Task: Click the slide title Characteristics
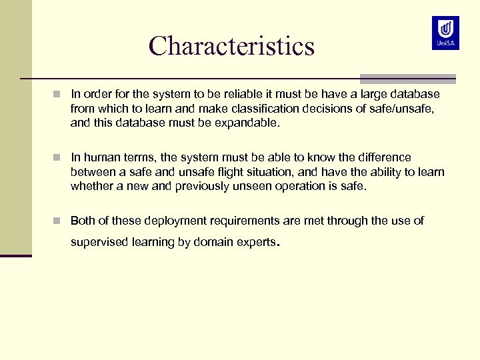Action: (231, 46)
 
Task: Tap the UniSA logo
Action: (445, 33)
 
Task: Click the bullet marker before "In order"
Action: (59, 95)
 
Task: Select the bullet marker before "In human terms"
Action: (59, 157)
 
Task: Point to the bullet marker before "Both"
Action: (59, 221)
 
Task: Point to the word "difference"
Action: (383, 157)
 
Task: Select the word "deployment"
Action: (174, 221)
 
